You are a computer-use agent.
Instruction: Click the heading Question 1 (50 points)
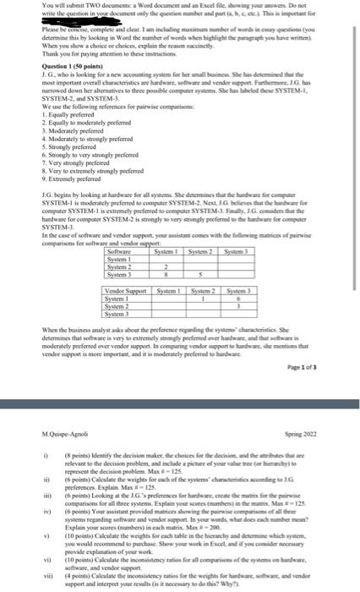39,66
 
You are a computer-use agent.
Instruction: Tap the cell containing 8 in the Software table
167,251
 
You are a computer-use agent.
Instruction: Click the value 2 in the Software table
167,244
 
